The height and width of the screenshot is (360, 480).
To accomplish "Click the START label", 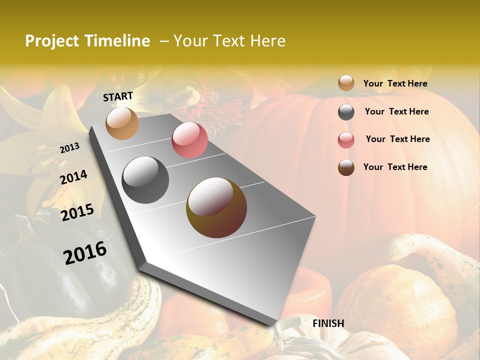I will point(118,96).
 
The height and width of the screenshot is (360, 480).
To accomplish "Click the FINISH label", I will point(328,323).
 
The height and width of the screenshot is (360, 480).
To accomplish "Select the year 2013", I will point(69,148).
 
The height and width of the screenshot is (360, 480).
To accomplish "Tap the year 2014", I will point(73,177).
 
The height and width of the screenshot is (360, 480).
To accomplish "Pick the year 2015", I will point(77,212).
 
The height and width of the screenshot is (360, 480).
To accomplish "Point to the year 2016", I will point(85,252).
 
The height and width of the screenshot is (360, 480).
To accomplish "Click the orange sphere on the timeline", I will point(122,123).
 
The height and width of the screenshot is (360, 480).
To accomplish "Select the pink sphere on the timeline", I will point(189,140).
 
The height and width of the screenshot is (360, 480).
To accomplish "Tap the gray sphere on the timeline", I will point(145,180).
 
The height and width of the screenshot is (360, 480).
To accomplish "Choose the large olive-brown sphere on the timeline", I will point(216,207).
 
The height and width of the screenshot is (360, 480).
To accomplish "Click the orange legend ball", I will point(346,83).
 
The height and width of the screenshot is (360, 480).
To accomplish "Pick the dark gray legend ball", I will point(346,112).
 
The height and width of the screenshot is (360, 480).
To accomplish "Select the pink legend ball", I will point(346,139).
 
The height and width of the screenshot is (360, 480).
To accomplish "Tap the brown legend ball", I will point(346,167).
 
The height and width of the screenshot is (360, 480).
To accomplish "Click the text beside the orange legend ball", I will point(395,83).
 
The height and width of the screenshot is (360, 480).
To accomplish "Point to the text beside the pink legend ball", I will point(397,139).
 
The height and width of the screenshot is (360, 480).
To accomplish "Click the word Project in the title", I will point(51,41).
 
